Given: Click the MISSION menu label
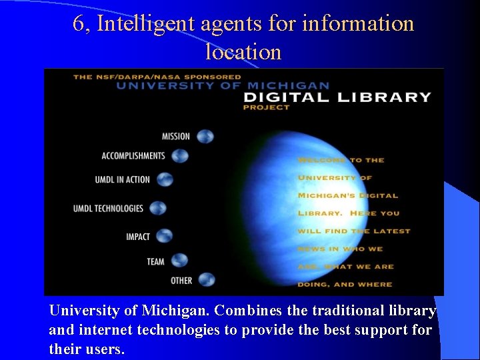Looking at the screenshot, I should coord(176,137).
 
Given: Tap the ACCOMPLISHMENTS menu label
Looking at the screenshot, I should coord(133,156).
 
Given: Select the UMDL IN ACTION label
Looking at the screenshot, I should coord(123,180).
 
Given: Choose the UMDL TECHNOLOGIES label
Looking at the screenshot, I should coord(109,209).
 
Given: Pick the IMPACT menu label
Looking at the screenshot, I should coord(138,237).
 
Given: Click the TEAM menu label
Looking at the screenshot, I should coord(156,261).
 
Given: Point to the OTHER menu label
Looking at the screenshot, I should coord(181,281).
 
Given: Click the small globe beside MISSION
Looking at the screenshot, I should coord(205,136).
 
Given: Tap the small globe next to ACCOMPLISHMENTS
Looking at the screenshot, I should coord(180,156).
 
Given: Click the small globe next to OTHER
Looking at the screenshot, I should coord(207,280).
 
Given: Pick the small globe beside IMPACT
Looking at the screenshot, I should coord(164,235).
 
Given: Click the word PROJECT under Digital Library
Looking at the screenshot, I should coord(267,107).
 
